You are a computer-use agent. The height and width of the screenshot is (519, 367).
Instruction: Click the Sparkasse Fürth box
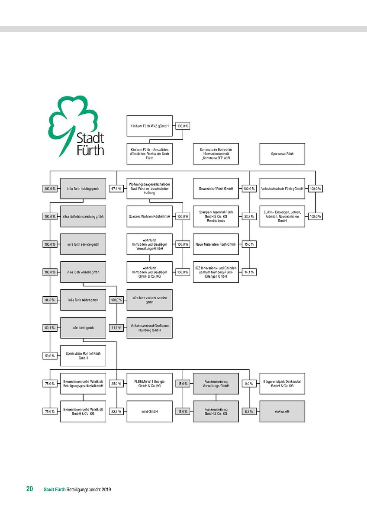pyautogui.click(x=282, y=154)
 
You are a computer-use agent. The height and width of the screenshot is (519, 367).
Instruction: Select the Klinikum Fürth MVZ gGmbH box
pyautogui.click(x=149, y=126)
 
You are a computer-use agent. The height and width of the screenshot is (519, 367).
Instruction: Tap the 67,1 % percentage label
pyautogui.click(x=116, y=189)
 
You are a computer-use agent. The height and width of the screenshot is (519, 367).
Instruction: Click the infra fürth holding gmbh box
pyautogui.click(x=83, y=189)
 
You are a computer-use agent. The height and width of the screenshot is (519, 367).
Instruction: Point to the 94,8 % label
pyautogui.click(x=50, y=300)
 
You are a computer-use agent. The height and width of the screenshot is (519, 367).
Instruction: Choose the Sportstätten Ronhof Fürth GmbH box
pyautogui.click(x=83, y=356)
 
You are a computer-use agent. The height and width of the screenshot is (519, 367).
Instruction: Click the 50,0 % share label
pyautogui.click(x=50, y=356)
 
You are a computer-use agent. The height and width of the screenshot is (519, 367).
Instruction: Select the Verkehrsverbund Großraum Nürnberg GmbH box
pyautogui.click(x=149, y=327)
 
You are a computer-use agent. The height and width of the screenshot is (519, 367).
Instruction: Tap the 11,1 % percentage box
pyautogui.click(x=116, y=328)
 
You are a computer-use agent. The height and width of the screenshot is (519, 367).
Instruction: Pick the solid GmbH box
pyautogui.click(x=149, y=411)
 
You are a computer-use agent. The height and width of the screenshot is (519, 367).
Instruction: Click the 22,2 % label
pyautogui.click(x=116, y=411)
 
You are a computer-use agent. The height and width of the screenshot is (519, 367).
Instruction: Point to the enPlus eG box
pyautogui.click(x=282, y=411)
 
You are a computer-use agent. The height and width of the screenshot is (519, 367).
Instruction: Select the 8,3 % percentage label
pyautogui.click(x=249, y=411)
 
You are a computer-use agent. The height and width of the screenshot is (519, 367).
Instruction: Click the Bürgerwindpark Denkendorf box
pyautogui.click(x=282, y=383)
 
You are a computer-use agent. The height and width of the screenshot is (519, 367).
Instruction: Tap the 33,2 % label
pyautogui.click(x=249, y=216)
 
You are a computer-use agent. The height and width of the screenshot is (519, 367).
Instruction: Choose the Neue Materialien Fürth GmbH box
pyautogui.click(x=216, y=244)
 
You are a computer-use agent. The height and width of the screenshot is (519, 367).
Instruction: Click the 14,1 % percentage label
pyautogui.click(x=249, y=272)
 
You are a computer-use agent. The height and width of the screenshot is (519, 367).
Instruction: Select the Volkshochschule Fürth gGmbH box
pyautogui.click(x=282, y=189)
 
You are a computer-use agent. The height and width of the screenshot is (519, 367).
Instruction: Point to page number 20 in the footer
pyautogui.click(x=29, y=489)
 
